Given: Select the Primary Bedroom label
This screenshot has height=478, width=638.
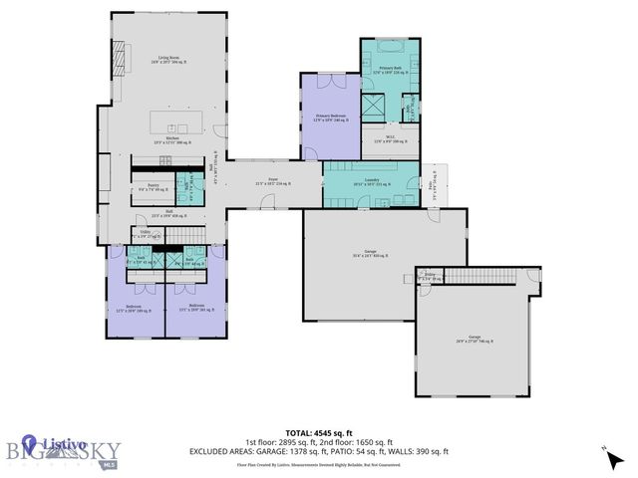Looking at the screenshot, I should [330, 118].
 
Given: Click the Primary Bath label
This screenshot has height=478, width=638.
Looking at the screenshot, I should [391, 69].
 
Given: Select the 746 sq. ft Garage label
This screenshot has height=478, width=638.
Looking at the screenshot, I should [474, 342].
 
